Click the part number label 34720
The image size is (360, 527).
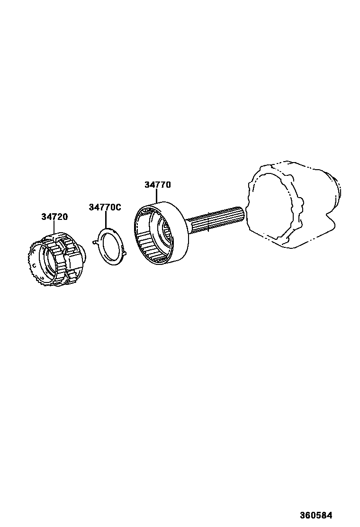coord(54,217)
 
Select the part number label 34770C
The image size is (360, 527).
coord(105,207)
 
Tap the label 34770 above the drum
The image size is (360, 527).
coord(157,185)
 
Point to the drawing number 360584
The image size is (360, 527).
coord(315,515)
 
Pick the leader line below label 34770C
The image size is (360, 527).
coord(106,220)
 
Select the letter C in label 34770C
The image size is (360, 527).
coord(118,207)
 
